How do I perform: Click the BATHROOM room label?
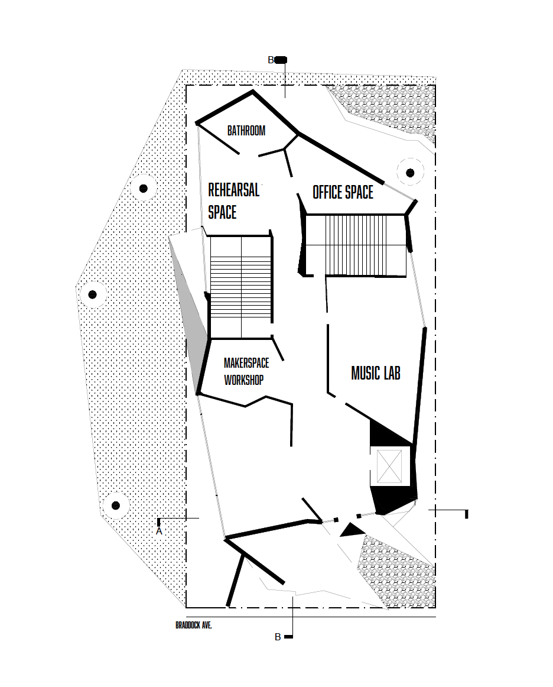tap(246, 131)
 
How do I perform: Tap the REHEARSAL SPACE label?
tap(233, 201)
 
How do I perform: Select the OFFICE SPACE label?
tap(343, 192)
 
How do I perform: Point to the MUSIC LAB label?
tap(376, 373)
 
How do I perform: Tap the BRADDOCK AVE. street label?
tap(193, 625)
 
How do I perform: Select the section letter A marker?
tap(159, 532)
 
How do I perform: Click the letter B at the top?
tap(271, 60)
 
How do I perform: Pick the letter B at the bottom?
tap(278, 637)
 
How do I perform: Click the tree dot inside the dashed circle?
tap(410, 173)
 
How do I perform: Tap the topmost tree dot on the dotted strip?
tap(143, 189)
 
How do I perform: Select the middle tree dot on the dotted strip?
tap(92, 294)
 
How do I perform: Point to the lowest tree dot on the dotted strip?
tap(116, 505)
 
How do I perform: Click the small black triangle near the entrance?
tap(353, 530)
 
